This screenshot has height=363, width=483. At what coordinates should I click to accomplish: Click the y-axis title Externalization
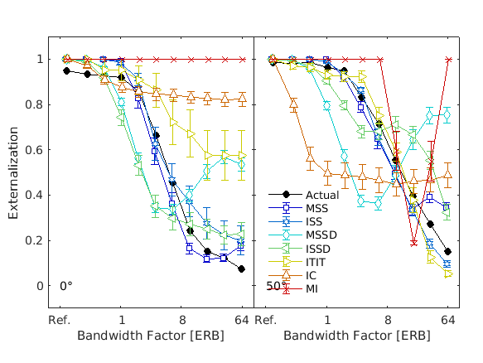[x=14, y=172]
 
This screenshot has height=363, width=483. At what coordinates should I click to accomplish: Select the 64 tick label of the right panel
[x=448, y=320]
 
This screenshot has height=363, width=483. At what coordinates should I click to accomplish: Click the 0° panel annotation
[x=66, y=286]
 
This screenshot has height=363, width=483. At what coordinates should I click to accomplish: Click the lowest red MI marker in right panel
[x=413, y=242]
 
